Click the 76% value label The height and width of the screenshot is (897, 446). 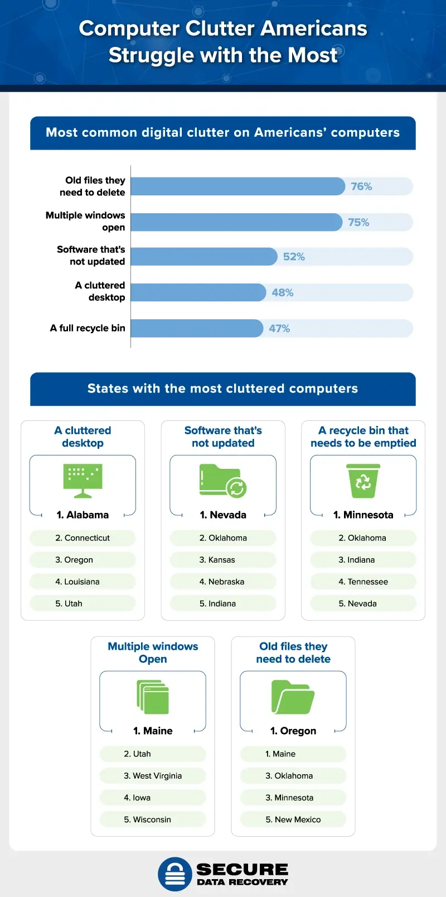coord(361,186)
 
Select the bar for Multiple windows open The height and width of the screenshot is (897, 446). coord(236,222)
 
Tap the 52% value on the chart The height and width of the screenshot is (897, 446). coord(294,257)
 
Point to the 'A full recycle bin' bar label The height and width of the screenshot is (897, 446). coord(88,328)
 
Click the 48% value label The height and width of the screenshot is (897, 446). coord(283,292)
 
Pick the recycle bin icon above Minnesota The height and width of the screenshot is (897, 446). coord(363,481)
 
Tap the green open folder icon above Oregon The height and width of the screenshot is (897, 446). coord(293,697)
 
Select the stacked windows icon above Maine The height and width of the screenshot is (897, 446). coord(153,697)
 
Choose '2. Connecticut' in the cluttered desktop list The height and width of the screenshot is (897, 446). coord(83,538)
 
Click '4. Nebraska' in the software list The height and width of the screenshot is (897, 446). coord(222,582)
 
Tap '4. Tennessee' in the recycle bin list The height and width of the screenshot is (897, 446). coord(363,582)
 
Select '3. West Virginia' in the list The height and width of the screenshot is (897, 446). coord(153,776)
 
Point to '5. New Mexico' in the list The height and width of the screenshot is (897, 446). coord(293,819)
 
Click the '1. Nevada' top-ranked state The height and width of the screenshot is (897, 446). coord(223,515)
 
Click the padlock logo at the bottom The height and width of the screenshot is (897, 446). coord(175,874)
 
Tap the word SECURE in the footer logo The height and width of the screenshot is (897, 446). coord(243,869)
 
